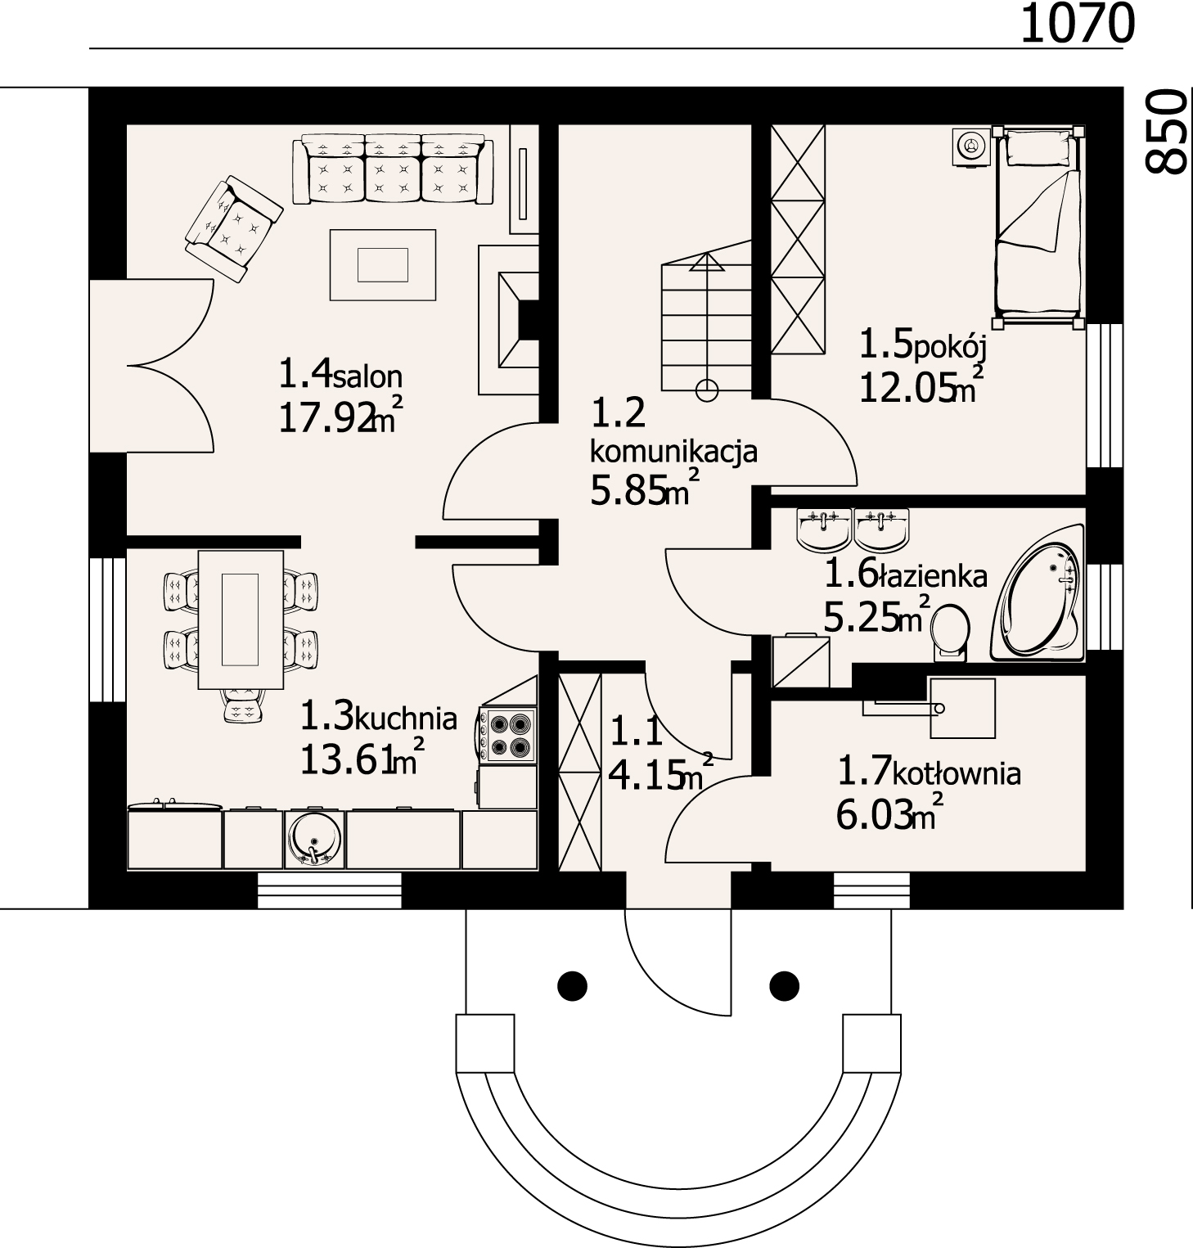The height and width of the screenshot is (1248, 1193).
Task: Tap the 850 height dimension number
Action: click(1166, 131)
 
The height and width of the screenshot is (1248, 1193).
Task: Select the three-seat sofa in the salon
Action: click(394, 169)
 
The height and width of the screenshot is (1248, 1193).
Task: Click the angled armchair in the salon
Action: click(233, 229)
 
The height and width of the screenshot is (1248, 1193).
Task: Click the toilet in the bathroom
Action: click(950, 631)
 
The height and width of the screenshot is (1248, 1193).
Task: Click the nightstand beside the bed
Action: click(971, 147)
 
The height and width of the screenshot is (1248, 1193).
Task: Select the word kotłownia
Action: click(957, 773)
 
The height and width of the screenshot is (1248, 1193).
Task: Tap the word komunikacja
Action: click(673, 451)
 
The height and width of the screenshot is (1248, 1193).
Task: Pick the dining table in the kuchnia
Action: click(241, 619)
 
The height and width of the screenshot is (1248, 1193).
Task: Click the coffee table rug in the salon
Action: click(383, 264)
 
